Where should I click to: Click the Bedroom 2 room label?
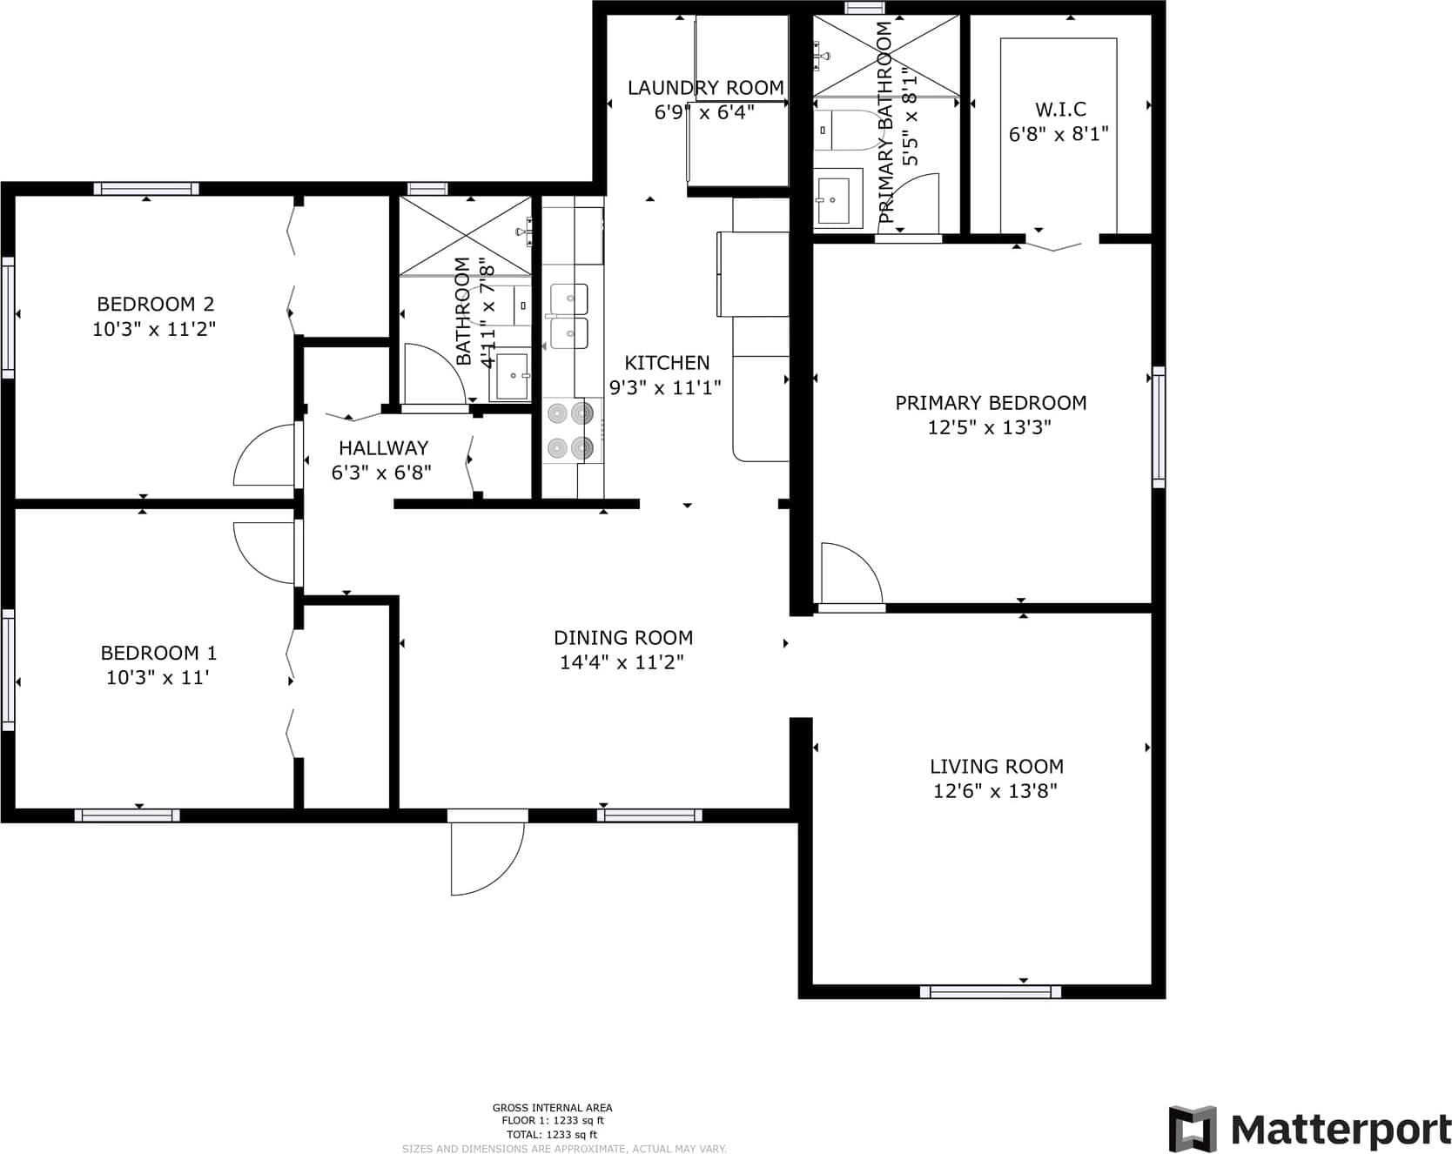[155, 305]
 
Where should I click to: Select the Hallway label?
[383, 448]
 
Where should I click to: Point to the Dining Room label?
[623, 638]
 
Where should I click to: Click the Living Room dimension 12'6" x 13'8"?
[995, 791]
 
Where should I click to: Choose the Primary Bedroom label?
[991, 403]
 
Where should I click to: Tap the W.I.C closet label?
[1060, 110]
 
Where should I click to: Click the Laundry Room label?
[706, 88]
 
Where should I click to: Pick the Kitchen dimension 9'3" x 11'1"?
[666, 388]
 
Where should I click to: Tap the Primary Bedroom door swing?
[851, 573]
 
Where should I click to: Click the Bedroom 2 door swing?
[264, 454]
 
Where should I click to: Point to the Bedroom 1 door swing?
[264, 553]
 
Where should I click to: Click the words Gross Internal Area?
[552, 1108]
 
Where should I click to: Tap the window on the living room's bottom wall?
[991, 991]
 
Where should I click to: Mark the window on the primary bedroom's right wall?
[1159, 427]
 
